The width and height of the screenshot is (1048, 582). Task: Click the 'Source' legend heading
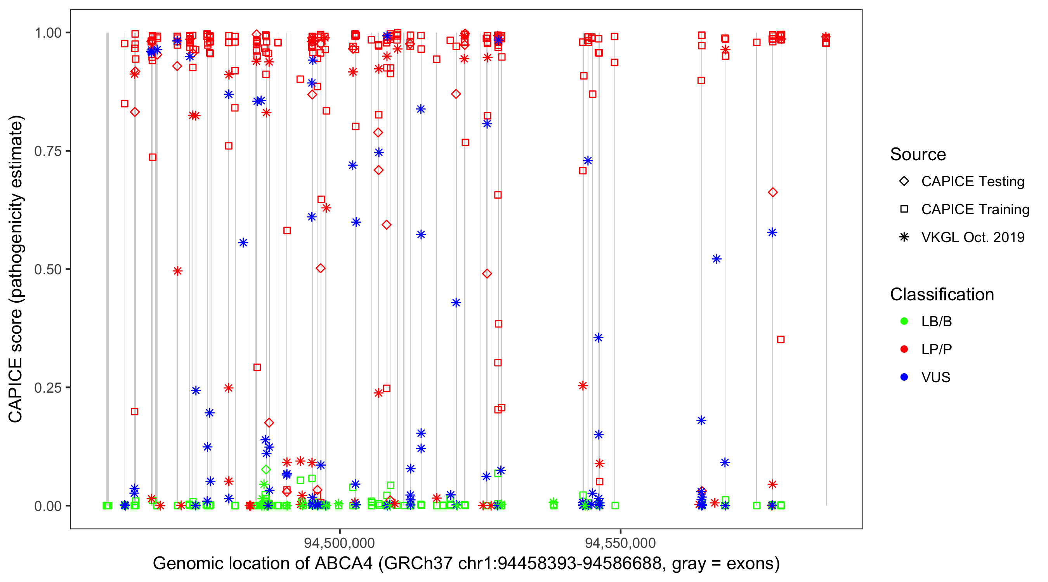click(x=918, y=154)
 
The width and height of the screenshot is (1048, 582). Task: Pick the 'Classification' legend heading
click(x=942, y=294)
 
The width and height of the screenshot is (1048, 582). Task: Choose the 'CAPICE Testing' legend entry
click(x=972, y=182)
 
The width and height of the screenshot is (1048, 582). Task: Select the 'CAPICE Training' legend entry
click(x=975, y=210)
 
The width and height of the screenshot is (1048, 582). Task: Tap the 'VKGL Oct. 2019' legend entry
click(x=972, y=237)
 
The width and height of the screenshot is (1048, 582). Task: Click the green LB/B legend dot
click(x=904, y=322)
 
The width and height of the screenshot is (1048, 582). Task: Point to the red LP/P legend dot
click(x=904, y=349)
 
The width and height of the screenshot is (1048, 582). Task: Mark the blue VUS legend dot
click(x=904, y=378)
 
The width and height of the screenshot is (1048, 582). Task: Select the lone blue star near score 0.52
click(x=717, y=259)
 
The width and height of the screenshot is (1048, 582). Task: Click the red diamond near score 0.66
click(x=772, y=192)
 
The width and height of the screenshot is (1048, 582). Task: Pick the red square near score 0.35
click(x=780, y=339)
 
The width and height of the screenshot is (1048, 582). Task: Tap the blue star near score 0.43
click(x=456, y=303)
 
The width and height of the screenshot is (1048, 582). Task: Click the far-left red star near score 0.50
click(x=177, y=271)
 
